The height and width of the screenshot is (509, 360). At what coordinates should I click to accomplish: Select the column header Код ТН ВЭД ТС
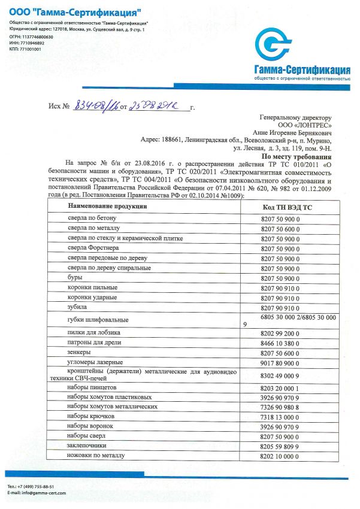(287, 207)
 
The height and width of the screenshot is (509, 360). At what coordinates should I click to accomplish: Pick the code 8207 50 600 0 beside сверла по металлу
(280, 228)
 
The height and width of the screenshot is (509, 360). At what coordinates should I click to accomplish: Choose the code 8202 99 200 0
(280, 333)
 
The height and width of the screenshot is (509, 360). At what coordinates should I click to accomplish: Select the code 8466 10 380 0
(280, 343)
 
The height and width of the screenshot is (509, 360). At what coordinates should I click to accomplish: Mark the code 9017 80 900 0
(280, 362)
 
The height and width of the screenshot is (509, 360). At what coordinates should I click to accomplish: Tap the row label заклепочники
(87, 445)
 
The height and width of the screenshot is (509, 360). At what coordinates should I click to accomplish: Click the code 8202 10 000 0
(280, 456)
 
